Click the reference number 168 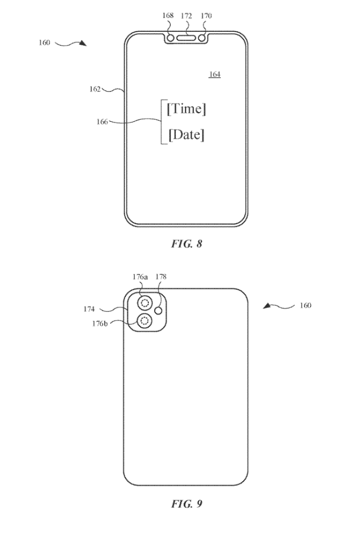point(168,16)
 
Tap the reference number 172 point(186,16)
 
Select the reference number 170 point(205,16)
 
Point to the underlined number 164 point(215,75)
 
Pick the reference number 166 point(102,122)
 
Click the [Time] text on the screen point(186,109)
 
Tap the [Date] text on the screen point(186,135)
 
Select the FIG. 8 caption point(186,244)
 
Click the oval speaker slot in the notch point(186,38)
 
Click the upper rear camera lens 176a point(145,303)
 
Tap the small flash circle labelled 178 point(159,311)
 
